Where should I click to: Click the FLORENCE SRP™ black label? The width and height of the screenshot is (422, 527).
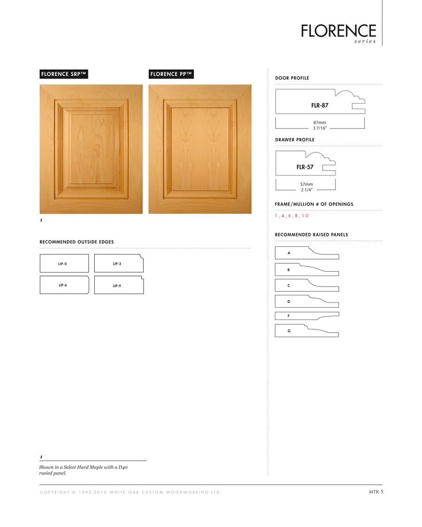[63, 74]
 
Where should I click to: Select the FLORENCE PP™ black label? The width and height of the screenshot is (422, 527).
[171, 74]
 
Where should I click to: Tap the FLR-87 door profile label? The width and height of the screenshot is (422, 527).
[319, 105]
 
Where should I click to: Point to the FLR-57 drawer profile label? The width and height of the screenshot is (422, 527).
[305, 167]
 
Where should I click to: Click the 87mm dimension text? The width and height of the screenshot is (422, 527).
[320, 122]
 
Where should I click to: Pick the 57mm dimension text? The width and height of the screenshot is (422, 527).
[306, 184]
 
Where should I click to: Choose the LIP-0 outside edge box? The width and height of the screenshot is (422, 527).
[64, 264]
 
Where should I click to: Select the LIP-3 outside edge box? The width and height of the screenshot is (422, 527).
[119, 264]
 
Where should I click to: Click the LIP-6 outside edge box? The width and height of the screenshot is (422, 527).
[64, 285]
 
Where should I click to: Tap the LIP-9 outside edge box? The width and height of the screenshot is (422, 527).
[119, 285]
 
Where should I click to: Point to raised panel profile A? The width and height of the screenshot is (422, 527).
[307, 253]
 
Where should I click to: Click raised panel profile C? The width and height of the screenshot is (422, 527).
[307, 285]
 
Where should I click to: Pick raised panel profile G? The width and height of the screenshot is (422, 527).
[307, 331]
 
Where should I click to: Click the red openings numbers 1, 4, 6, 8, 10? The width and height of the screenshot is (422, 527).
[292, 216]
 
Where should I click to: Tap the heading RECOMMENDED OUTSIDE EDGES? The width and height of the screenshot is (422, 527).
[77, 242]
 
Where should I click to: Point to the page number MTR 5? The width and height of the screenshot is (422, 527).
[376, 491]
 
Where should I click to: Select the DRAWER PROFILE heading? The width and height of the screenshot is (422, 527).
[294, 140]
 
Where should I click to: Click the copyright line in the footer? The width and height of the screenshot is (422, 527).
[130, 492]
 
